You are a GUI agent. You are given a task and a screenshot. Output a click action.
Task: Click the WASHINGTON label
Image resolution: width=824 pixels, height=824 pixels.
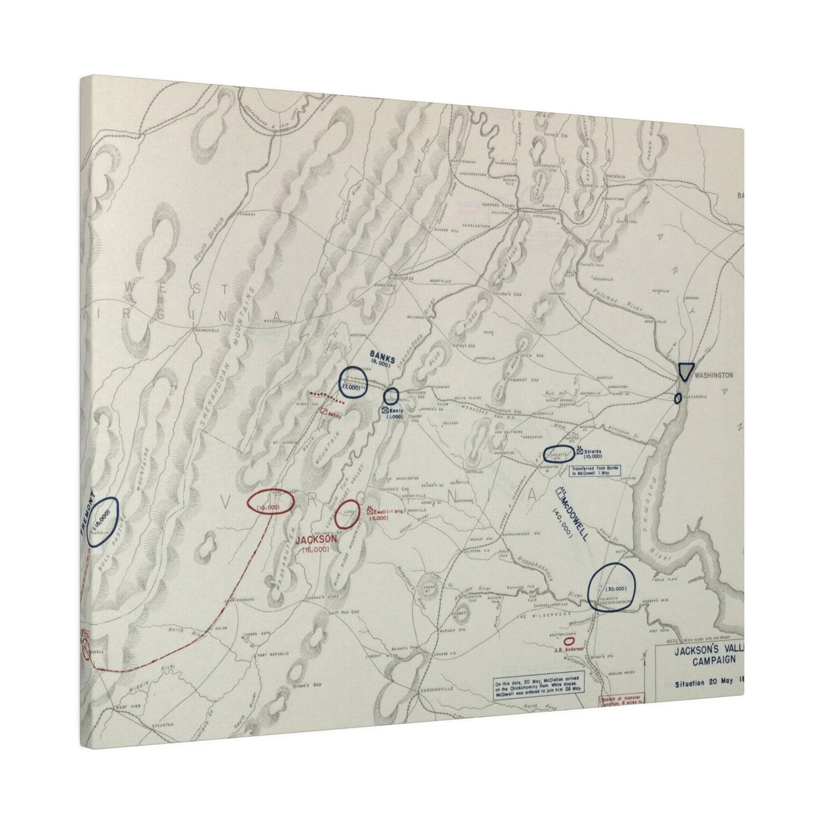(713, 375)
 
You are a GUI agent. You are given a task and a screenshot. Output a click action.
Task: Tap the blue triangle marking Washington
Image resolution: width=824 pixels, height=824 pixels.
(686, 371)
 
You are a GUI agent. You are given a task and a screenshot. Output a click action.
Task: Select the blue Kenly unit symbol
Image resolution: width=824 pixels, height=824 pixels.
(385, 410)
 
